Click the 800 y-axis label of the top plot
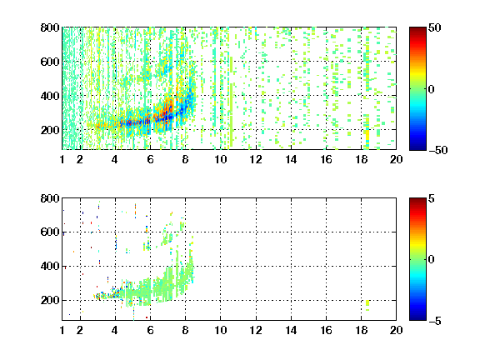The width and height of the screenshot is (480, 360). (x=50, y=27)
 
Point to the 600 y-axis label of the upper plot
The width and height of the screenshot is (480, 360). (x=50, y=62)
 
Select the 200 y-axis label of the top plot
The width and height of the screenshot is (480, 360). (x=50, y=130)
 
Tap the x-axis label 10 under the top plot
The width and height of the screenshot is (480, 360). (x=220, y=159)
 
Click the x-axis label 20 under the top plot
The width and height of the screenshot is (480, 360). (x=396, y=159)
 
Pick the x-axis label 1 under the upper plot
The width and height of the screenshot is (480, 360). (x=62, y=159)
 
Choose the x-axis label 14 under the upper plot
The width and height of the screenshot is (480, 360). (x=291, y=159)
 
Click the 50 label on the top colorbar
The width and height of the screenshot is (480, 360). (x=435, y=27)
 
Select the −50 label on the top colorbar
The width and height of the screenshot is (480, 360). (x=438, y=150)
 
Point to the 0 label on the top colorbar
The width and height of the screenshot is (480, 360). (x=431, y=89)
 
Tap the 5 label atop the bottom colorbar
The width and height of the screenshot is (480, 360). (x=432, y=198)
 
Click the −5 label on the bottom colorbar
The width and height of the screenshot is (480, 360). (x=435, y=321)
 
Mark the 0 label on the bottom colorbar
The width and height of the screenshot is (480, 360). (x=431, y=260)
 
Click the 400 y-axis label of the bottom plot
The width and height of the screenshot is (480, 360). (x=50, y=266)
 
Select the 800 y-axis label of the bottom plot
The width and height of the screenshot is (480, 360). (x=50, y=198)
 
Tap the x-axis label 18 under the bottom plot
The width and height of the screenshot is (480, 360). (x=361, y=330)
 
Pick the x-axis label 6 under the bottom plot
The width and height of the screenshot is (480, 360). (x=150, y=330)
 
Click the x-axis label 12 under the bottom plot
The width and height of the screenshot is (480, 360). (x=256, y=330)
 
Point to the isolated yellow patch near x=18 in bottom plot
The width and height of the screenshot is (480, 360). (x=367, y=303)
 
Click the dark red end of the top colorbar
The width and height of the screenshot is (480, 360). (x=417, y=29)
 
